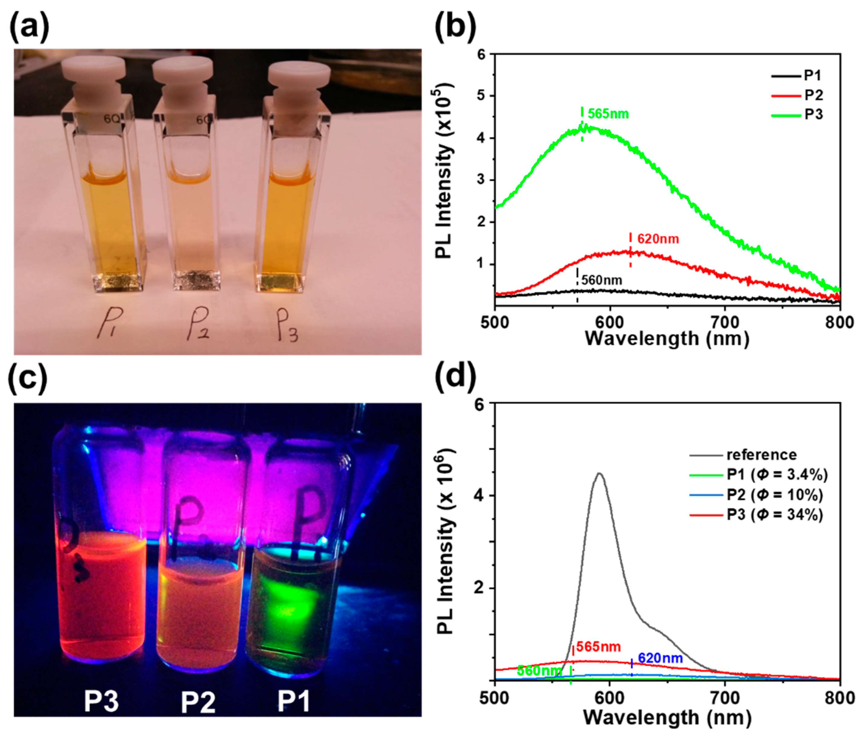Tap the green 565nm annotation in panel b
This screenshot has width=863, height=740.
click(608, 114)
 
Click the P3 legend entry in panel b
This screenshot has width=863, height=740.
click(813, 114)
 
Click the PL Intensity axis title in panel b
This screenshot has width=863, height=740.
click(443, 171)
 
